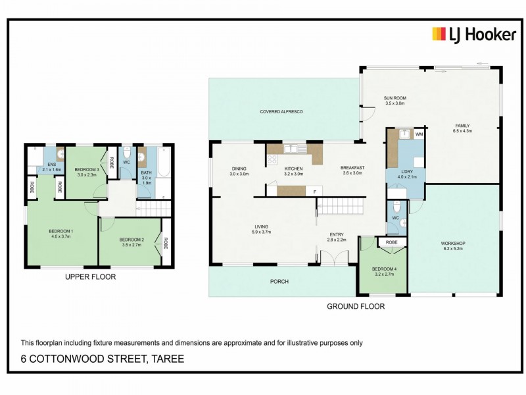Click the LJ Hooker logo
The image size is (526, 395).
pyautogui.click(x=474, y=34)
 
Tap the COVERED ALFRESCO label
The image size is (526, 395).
pyautogui.click(x=281, y=111)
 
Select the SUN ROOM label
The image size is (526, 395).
pyautogui.click(x=395, y=98)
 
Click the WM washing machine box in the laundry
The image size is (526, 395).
pyautogui.click(x=419, y=134)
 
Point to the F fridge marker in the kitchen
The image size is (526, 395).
pyautogui.click(x=315, y=192)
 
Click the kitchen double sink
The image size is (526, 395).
pyautogui.click(x=295, y=149)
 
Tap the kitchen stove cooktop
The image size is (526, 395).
pyautogui.click(x=272, y=159)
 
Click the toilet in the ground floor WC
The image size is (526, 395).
pyautogui.click(x=396, y=207)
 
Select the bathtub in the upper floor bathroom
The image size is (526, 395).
pyautogui.click(x=164, y=161)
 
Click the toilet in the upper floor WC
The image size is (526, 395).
pyautogui.click(x=127, y=153)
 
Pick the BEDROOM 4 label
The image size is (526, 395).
pyautogui.click(x=385, y=269)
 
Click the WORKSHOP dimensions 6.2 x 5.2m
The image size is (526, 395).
pyautogui.click(x=453, y=249)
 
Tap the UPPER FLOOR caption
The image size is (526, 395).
pyautogui.click(x=90, y=276)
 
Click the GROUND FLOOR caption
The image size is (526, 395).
pyautogui.click(x=356, y=306)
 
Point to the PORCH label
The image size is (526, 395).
pyautogui.click(x=279, y=282)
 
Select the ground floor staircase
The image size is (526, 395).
pyautogui.click(x=341, y=206)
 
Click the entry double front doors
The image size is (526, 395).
pyautogui.click(x=335, y=258)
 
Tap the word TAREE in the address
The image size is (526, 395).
pyautogui.click(x=168, y=359)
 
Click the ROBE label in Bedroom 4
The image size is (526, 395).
pyautogui.click(x=391, y=242)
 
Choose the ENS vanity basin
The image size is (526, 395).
pyautogui.click(x=61, y=155)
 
